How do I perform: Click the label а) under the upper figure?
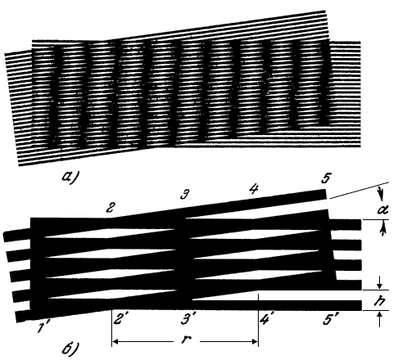(70, 177)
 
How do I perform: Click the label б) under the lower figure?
(70, 348)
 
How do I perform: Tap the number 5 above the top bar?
(326, 178)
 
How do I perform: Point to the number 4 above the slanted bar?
(254, 189)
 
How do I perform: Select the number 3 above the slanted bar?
(185, 196)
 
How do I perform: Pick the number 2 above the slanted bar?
(110, 208)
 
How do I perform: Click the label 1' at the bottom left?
(43, 327)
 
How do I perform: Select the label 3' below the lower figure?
(187, 319)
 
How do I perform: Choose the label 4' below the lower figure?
(265, 318)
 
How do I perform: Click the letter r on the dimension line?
(186, 340)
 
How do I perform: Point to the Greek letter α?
(382, 210)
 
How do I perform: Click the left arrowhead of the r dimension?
(116, 341)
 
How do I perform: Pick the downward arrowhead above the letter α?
(382, 197)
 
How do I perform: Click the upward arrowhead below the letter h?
(379, 316)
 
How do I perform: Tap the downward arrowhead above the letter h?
(379, 285)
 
